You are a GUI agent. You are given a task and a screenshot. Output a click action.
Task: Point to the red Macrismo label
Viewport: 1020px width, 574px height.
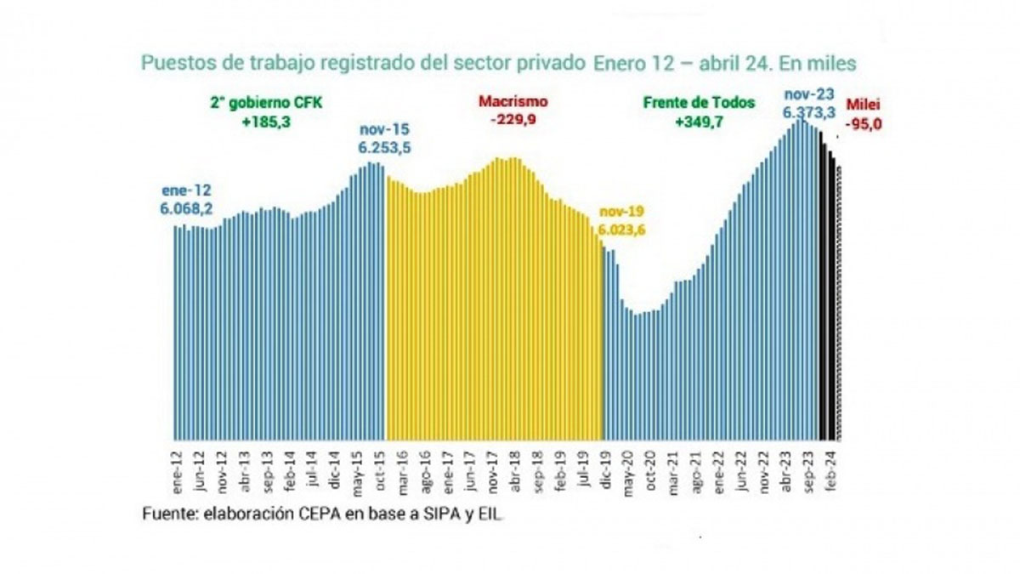click(513, 101)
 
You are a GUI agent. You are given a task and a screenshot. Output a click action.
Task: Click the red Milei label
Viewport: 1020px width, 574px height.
click(864, 108)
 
